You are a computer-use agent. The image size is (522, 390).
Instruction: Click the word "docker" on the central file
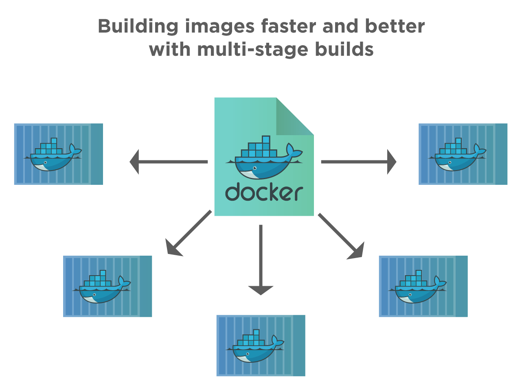pyautogui.click(x=264, y=192)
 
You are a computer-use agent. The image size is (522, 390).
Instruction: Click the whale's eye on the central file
pyautogui.click(x=254, y=168)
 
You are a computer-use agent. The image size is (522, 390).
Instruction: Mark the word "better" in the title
pyautogui.click(x=395, y=27)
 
